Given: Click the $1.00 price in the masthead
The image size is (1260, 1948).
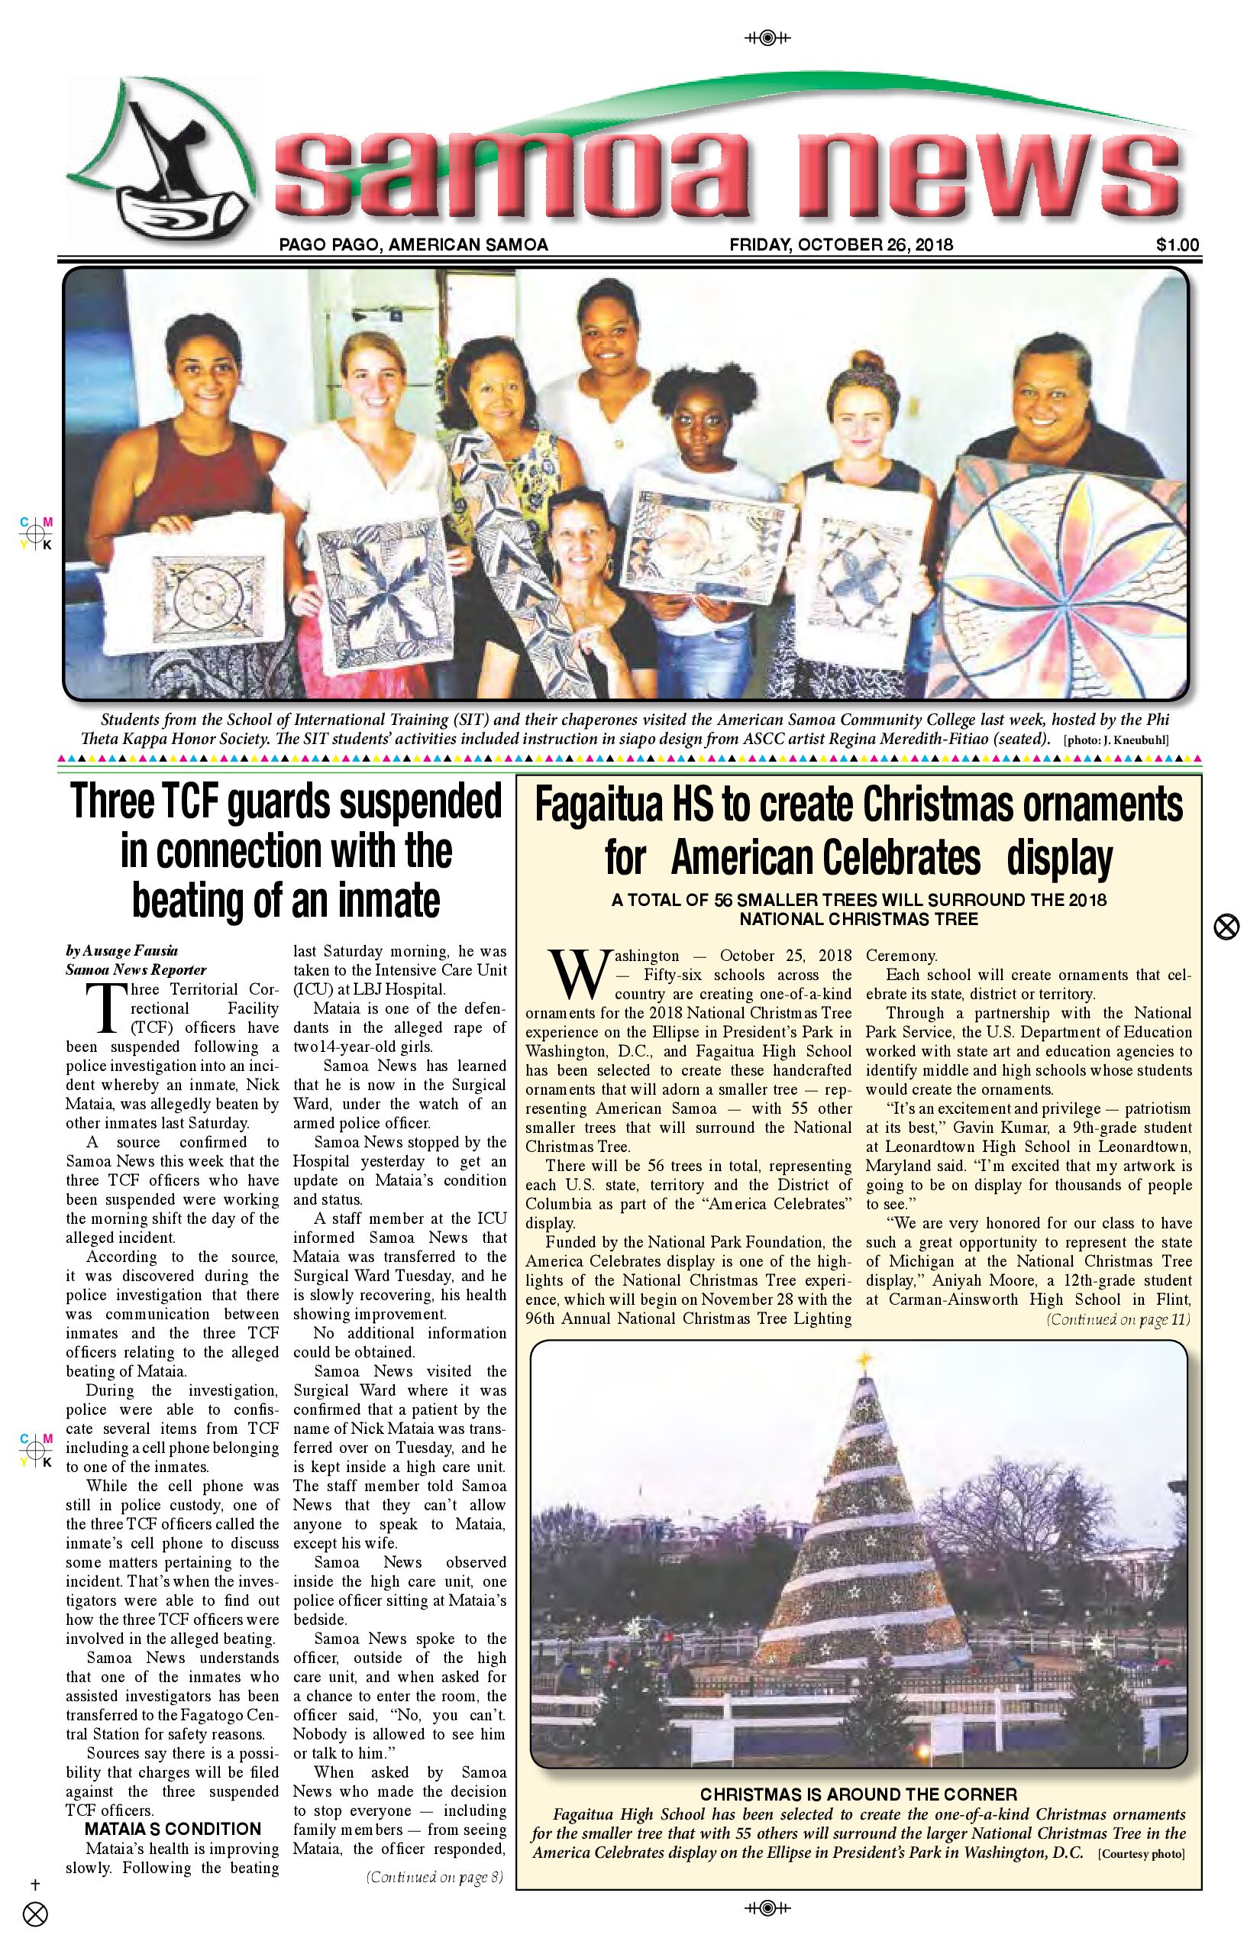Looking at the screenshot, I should pos(1177,244).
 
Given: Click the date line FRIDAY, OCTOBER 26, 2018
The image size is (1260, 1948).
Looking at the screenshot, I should pos(841,244).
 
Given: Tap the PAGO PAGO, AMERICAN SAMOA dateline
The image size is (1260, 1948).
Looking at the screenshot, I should pos(413,244).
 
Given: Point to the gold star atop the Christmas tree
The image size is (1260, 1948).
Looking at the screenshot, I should pos(862,1360).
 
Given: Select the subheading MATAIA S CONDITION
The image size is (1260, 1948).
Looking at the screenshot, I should pos(173,1830).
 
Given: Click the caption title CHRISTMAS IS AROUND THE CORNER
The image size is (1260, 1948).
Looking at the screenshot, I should pos(858,1795).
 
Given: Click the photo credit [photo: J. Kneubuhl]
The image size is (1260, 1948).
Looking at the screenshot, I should pos(1116,741).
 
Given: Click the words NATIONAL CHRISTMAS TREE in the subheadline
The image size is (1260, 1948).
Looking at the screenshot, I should pos(858,919).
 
